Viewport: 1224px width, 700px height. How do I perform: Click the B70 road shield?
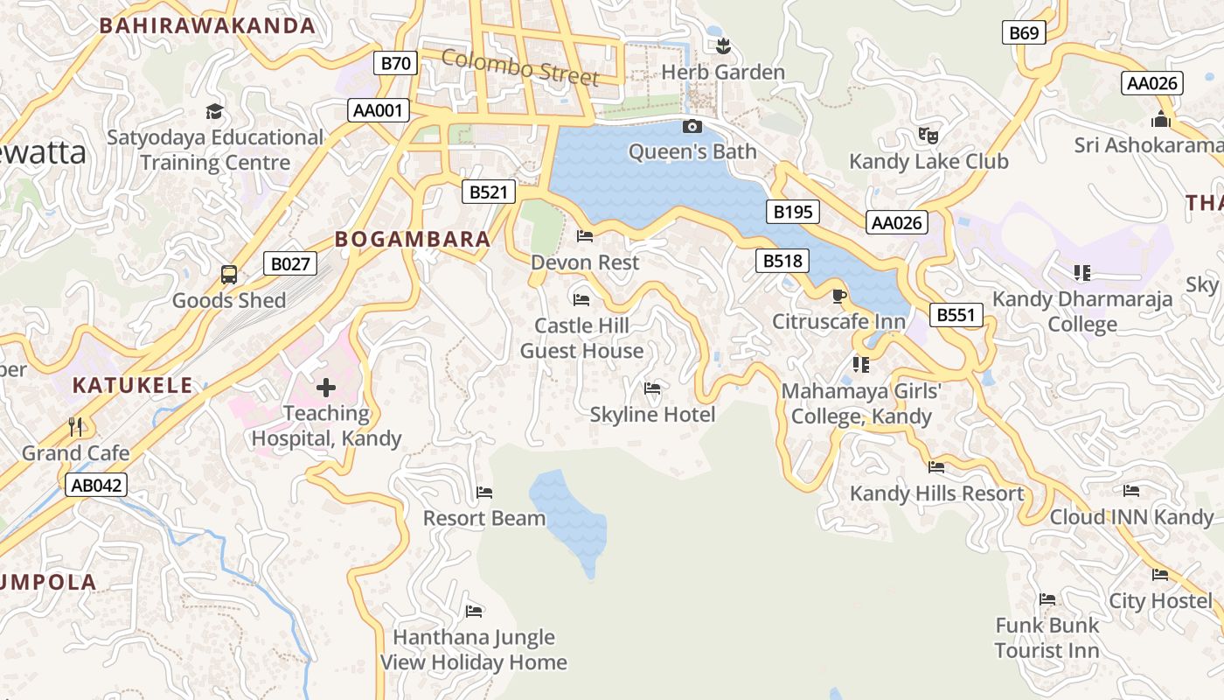tap(396, 63)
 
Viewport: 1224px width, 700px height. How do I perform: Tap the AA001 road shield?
tap(379, 110)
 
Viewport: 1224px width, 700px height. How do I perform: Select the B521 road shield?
tap(488, 192)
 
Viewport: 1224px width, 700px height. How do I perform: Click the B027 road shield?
tap(289, 263)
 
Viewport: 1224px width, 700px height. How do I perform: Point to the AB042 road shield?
tap(96, 485)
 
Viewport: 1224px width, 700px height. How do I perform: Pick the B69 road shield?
tap(1024, 33)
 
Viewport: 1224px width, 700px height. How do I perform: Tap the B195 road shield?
tap(793, 211)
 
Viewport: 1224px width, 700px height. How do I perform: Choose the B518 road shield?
tap(782, 260)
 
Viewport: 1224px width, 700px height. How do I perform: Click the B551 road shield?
tap(956, 315)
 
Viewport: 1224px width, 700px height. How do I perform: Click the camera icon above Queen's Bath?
tap(692, 127)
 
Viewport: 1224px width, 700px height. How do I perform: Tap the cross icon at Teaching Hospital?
tap(326, 388)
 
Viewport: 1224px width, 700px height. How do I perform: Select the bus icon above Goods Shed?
tap(229, 275)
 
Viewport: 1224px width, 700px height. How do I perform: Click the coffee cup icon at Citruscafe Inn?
tap(839, 296)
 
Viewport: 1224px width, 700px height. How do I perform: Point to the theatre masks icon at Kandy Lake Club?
tap(928, 136)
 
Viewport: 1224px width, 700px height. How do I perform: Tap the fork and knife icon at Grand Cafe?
tap(75, 427)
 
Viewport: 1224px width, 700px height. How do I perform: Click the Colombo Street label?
tap(520, 68)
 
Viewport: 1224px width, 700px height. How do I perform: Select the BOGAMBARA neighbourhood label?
tap(413, 239)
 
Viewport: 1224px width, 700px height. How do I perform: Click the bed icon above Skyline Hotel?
tap(651, 388)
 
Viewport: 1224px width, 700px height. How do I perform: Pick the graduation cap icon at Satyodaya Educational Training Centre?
tap(214, 111)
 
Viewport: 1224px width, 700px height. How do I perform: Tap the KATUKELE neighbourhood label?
tap(132, 385)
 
